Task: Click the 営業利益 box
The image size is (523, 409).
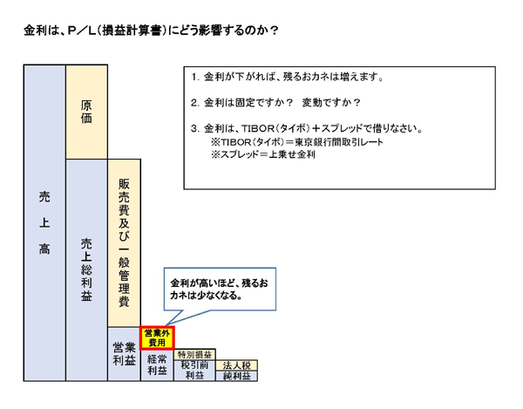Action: [x=123, y=353]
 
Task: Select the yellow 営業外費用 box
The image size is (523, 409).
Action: [x=158, y=337]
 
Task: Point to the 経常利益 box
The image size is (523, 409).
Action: [x=158, y=365]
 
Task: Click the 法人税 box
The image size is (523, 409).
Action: [x=235, y=365]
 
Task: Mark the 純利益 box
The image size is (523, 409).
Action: [x=235, y=376]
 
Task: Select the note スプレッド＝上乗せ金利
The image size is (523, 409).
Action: [x=267, y=154]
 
